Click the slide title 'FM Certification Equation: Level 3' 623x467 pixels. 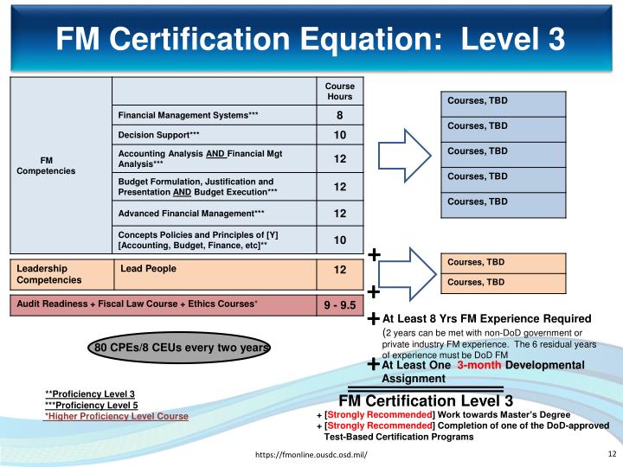[x=311, y=38]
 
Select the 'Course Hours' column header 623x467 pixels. [x=339, y=92]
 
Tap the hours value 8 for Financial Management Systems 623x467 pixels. [x=339, y=116]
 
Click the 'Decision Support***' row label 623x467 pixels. [x=159, y=136]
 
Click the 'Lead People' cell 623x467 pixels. [x=148, y=269]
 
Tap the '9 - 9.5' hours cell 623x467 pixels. [x=340, y=304]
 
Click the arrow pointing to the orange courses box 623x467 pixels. [x=405, y=273]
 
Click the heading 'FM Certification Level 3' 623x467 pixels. [x=426, y=400]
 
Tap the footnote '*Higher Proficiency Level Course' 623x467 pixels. [x=116, y=416]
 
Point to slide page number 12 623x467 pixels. [x=611, y=454]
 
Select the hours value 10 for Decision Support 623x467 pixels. [x=339, y=136]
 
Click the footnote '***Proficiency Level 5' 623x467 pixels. [x=91, y=405]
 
